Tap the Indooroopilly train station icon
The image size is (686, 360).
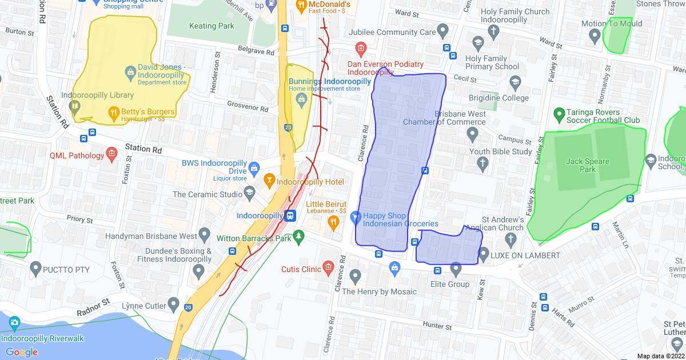290,216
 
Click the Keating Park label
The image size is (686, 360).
211,26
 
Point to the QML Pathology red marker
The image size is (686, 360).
111,155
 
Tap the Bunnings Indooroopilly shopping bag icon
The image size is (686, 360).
301,99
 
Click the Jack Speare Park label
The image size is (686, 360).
588,165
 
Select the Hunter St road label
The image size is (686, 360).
437,326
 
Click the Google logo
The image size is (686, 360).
22,352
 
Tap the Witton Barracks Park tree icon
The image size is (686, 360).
298,236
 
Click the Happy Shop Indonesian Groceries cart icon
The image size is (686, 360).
356,217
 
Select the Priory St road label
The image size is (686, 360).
79,219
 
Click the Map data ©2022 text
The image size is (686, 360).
660,355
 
